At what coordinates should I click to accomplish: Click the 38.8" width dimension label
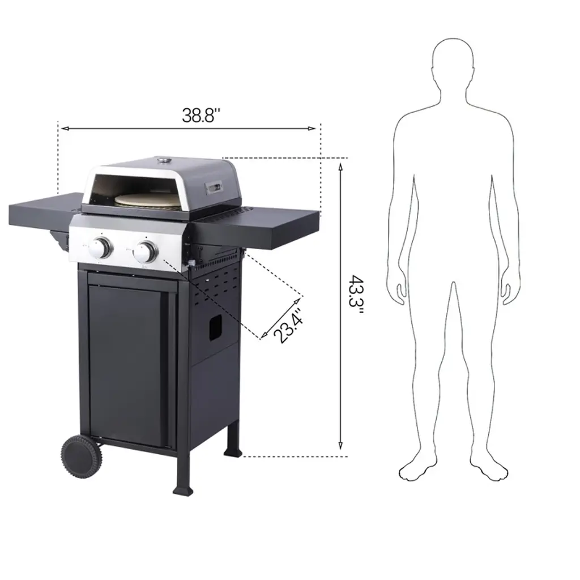[201, 116]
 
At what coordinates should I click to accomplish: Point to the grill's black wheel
[82, 457]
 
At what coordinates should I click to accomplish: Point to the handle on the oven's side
[215, 188]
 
